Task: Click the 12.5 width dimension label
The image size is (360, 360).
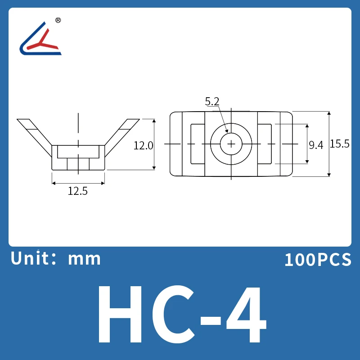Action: [x=77, y=191]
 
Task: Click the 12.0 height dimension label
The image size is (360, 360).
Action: [x=144, y=145]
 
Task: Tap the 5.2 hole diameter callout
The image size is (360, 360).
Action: [x=212, y=102]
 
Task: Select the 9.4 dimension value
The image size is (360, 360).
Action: [x=316, y=145]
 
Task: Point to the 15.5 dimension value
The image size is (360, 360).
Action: [x=340, y=144]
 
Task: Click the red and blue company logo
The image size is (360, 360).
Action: [x=40, y=39]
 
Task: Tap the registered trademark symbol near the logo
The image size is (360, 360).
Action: [x=58, y=20]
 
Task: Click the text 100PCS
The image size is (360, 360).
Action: [x=317, y=260]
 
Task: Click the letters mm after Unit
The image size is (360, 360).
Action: [x=84, y=259]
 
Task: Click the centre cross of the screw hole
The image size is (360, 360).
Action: [x=231, y=144]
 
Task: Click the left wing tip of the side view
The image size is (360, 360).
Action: [x=22, y=121]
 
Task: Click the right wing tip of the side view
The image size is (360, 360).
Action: [x=134, y=121]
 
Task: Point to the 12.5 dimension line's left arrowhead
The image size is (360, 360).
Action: [x=54, y=183]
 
